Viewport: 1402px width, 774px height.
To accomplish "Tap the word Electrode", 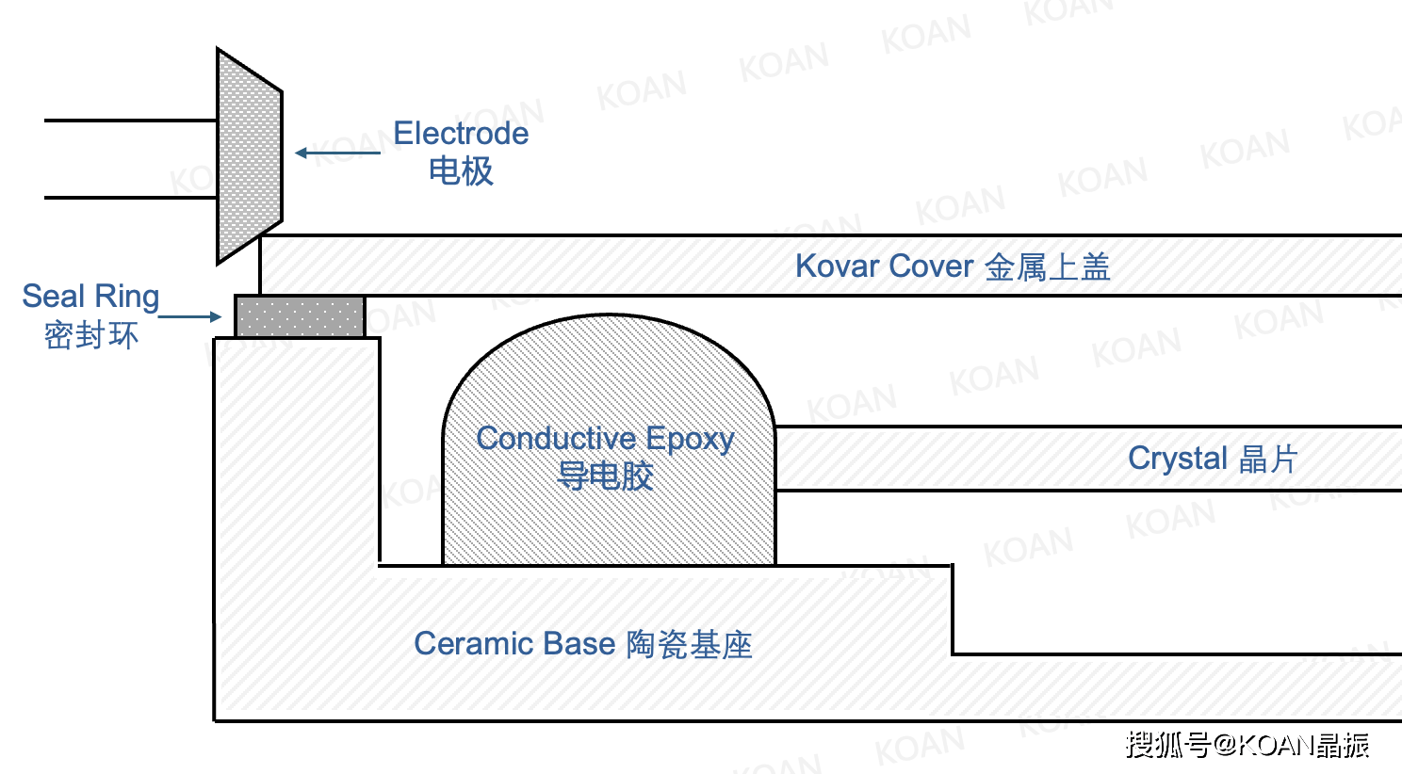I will tap(461, 133).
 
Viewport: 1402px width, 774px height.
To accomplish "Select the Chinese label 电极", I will tap(461, 171).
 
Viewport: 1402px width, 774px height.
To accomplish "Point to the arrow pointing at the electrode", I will tap(337, 153).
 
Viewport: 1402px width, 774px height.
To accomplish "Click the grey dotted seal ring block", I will tap(300, 316).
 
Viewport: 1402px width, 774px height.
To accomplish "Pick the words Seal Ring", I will tap(90, 296).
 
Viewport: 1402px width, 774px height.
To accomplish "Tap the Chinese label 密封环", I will tap(91, 335).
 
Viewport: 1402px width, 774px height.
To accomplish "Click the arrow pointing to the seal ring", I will tap(189, 316).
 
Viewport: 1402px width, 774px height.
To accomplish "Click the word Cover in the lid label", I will tap(931, 266).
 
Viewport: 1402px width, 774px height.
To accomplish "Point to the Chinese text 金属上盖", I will tap(1048, 267).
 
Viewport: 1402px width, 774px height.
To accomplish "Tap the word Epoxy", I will tap(690, 440).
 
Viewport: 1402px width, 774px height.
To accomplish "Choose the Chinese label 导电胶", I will tap(605, 476).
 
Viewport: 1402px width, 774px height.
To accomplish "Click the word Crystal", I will tap(1177, 459).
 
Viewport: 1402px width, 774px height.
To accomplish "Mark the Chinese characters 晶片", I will tap(1268, 459).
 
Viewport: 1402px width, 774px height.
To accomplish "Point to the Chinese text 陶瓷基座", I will tap(690, 645).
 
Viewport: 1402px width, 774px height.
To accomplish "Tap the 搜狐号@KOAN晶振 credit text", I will tap(1247, 745).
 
